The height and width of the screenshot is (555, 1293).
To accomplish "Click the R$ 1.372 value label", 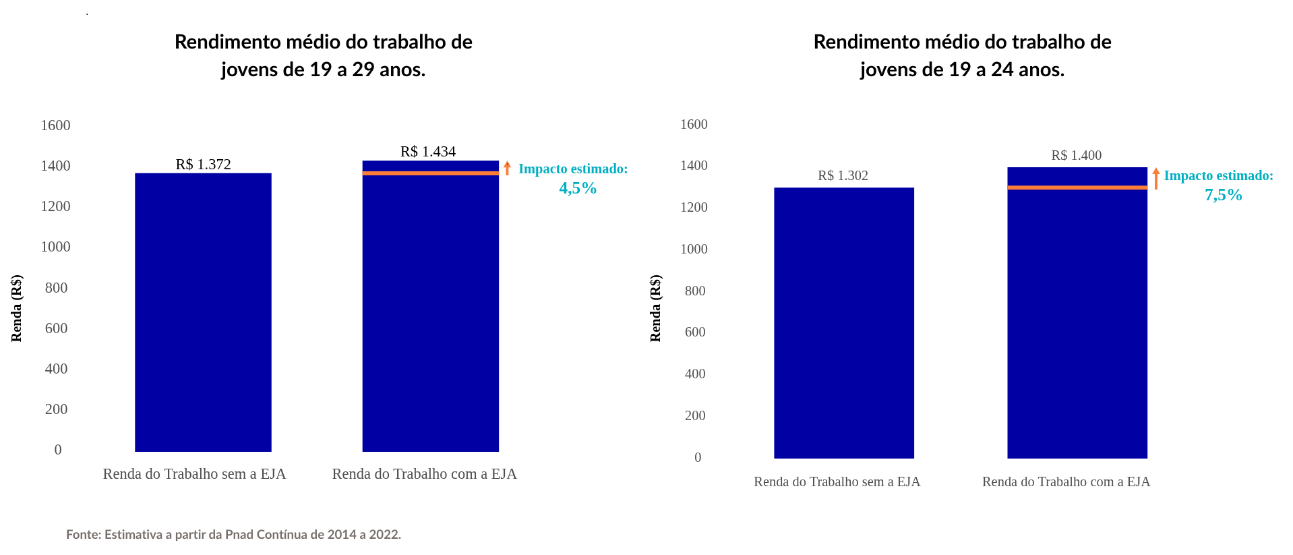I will coord(203,165).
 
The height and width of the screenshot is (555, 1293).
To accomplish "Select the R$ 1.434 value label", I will coord(427,152).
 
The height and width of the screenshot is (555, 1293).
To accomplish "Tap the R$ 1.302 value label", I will coord(843,176).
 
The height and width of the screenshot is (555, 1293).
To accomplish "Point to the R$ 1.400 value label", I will coord(1076,156).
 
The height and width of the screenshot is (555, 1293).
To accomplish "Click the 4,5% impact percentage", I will coord(578,188).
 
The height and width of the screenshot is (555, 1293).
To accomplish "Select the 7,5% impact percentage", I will coord(1223,195).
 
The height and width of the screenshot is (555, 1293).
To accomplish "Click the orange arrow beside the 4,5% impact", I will coord(507,168).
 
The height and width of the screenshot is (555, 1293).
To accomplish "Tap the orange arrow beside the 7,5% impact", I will coord(1155,178).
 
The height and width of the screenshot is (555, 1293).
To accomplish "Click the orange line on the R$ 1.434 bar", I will coord(430,173).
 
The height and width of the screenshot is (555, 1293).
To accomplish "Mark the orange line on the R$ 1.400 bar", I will coord(1077,187).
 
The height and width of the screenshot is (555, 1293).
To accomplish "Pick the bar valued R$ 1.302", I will coord(843,324).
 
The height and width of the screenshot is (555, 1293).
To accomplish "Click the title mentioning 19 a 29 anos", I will coord(324,55).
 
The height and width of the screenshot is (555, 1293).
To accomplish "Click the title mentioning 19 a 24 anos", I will coord(962,55).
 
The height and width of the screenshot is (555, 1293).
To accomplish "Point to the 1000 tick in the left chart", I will coord(55,247).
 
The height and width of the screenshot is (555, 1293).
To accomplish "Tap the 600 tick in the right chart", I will coord(695,332).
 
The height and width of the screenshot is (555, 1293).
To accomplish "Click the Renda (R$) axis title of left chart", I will coord(17,308).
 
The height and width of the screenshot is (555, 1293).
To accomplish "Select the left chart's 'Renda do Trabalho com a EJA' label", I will coord(424,474).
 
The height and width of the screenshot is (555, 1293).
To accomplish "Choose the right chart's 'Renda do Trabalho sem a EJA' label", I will coord(837,481).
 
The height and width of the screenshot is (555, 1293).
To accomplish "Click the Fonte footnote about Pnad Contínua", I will coord(233,535).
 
